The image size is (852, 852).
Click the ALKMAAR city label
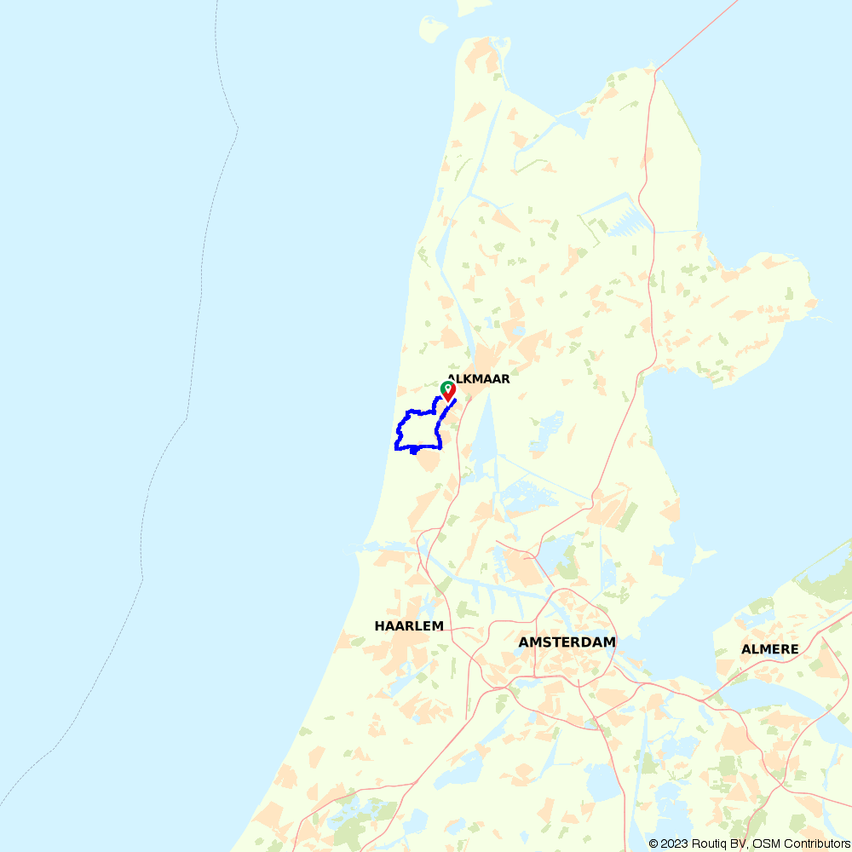(x=479, y=379)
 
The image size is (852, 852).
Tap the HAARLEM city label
(x=409, y=626)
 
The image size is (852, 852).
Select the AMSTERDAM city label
(x=567, y=642)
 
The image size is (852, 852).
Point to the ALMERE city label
(x=770, y=649)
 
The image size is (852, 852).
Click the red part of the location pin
(x=449, y=394)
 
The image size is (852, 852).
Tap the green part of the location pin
(x=446, y=387)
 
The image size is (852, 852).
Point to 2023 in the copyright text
(x=672, y=843)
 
